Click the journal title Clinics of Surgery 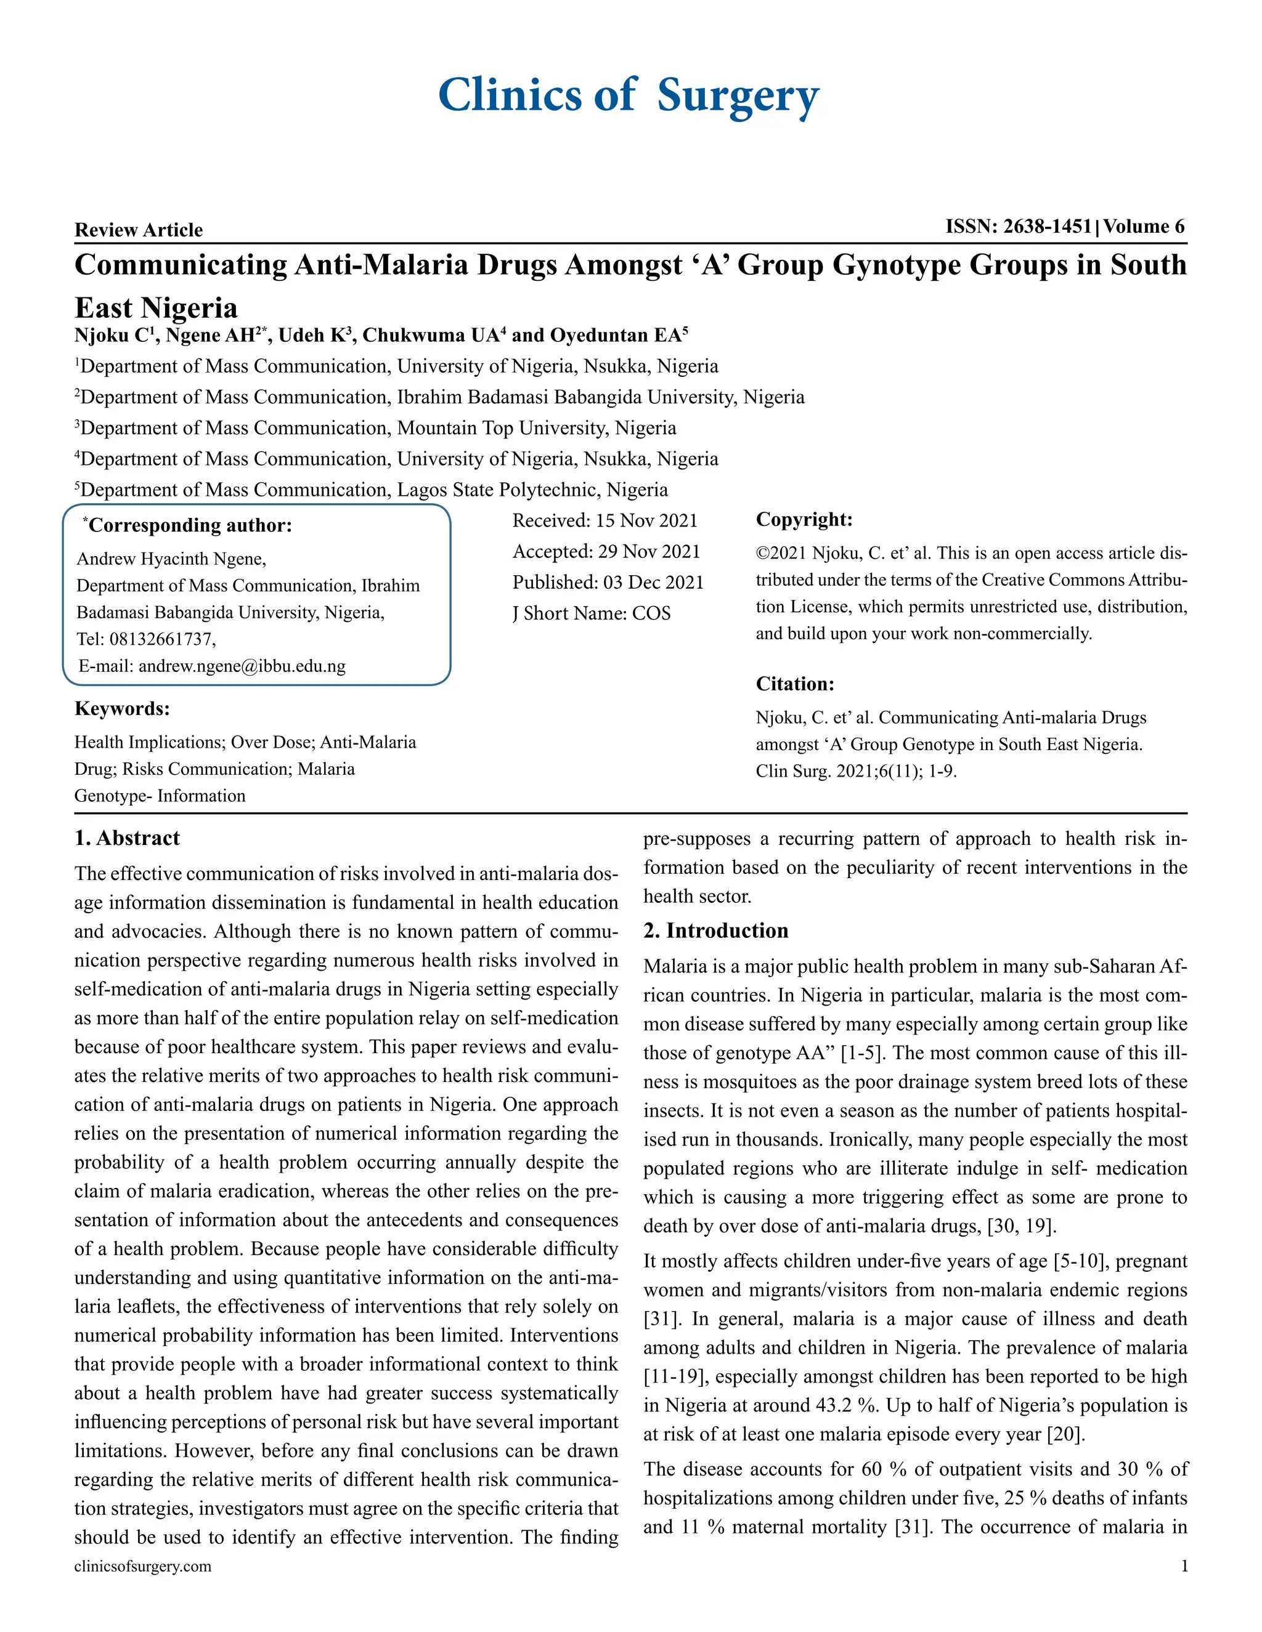pos(628,95)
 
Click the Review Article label pos(138,230)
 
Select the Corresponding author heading pos(189,525)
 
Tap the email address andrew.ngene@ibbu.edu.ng pos(242,666)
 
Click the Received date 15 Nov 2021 pos(646,521)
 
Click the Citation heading pos(795,684)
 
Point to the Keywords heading pos(122,708)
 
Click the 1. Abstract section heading pos(127,838)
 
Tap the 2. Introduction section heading pos(715,931)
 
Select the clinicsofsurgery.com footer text pos(143,1566)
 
